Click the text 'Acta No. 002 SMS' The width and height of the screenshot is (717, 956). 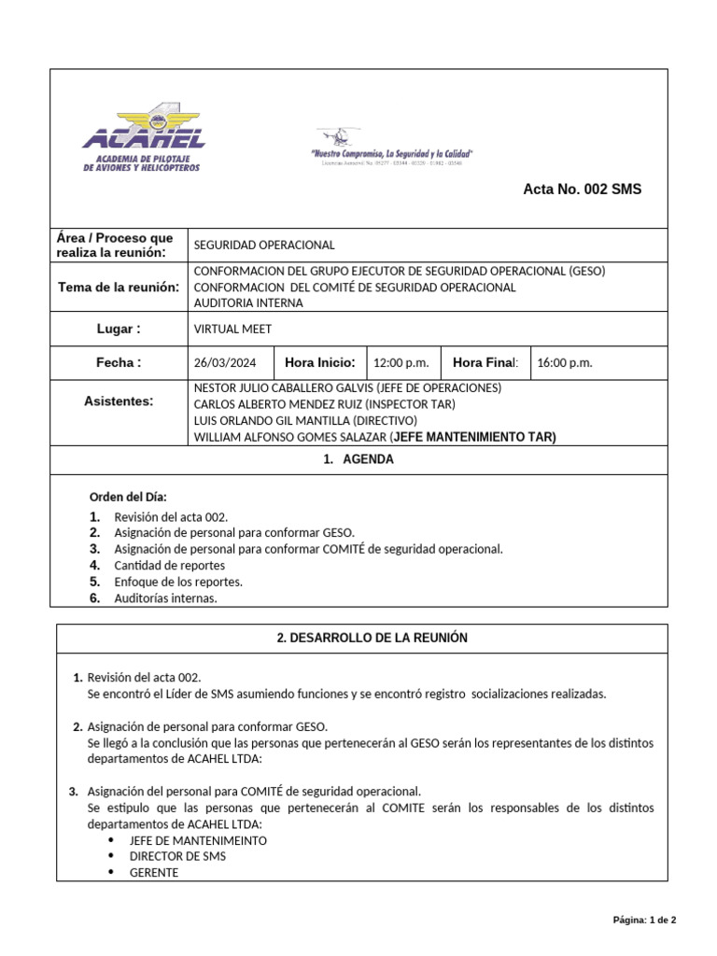[x=582, y=190]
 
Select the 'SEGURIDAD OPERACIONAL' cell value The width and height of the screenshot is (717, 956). [x=263, y=245]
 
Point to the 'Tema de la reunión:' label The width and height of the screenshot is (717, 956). [x=119, y=287]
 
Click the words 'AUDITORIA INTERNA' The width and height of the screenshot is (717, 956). [x=247, y=303]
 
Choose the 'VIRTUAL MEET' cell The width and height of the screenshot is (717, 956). [x=232, y=329]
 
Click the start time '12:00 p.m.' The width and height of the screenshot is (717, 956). [x=401, y=363]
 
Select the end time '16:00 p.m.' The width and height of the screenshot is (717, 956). [x=565, y=363]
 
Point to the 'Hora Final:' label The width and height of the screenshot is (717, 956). [x=485, y=362]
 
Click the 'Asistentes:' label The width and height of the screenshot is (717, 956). [x=119, y=401]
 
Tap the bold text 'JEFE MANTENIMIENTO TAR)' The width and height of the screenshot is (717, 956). [x=473, y=436]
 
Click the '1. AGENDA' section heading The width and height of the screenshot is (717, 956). [x=358, y=459]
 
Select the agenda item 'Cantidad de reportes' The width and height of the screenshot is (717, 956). [x=169, y=565]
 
